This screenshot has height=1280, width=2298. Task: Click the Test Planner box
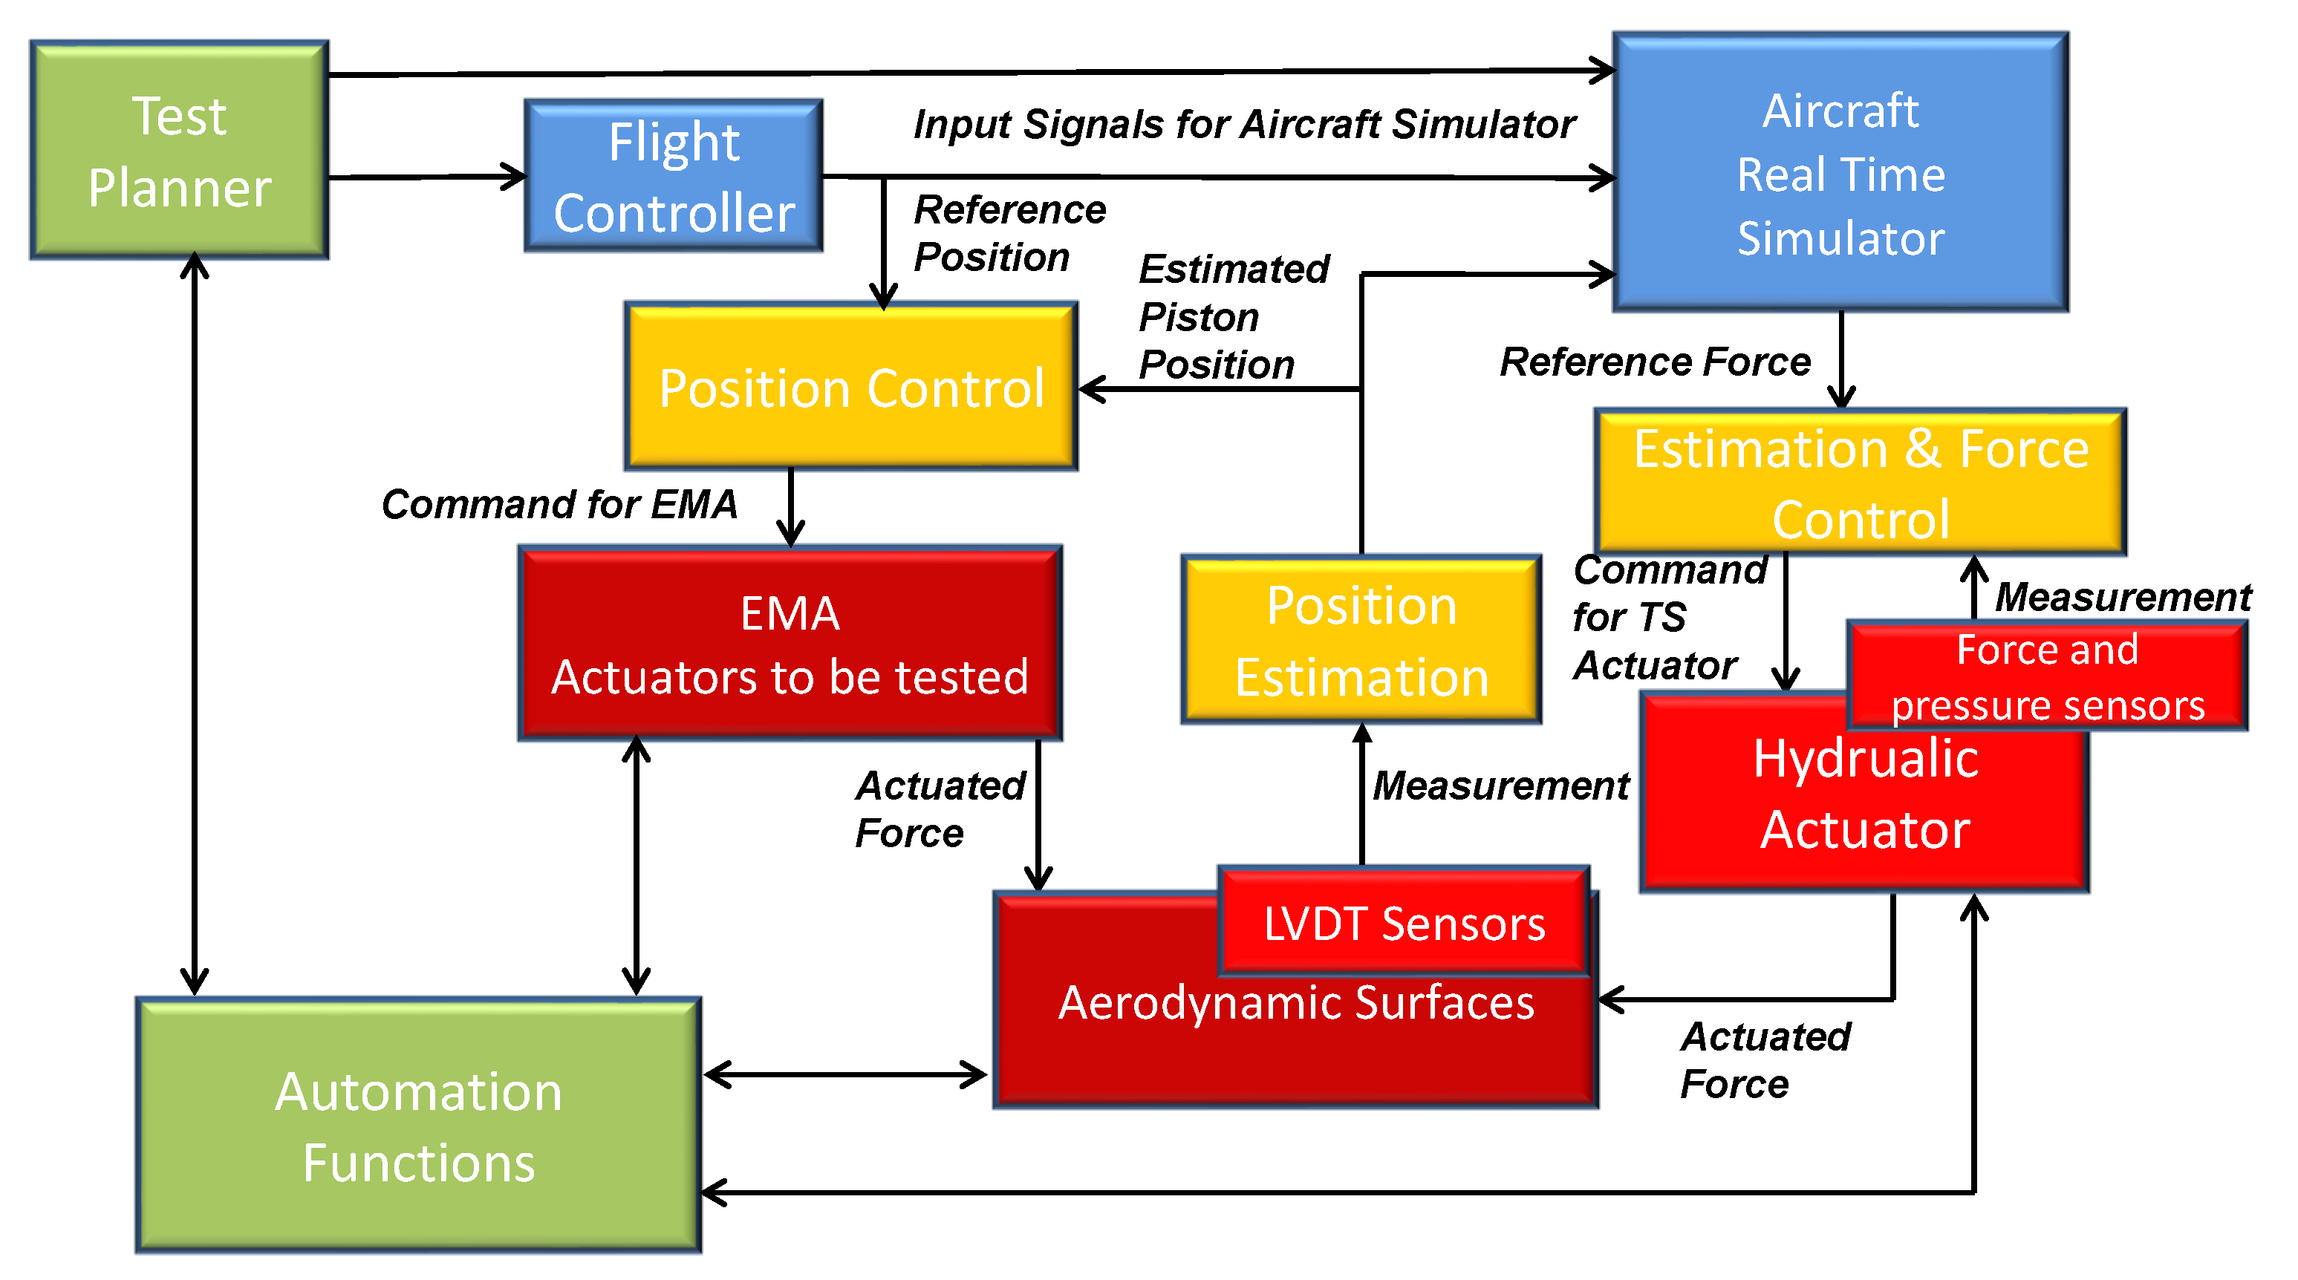click(179, 150)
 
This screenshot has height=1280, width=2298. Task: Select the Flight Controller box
click(674, 176)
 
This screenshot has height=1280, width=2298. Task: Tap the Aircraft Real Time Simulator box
click(1840, 173)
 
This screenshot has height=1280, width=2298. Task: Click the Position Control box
click(851, 387)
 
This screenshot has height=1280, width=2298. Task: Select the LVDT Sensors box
click(1404, 922)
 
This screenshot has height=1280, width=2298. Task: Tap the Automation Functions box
click(418, 1126)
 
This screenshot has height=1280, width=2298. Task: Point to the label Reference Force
click(1655, 362)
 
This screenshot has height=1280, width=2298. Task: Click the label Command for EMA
click(559, 504)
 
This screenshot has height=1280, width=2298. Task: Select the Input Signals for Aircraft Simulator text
click(1245, 124)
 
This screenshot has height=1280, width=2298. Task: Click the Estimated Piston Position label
click(1233, 316)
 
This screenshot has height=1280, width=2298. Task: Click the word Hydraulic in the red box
click(1865, 759)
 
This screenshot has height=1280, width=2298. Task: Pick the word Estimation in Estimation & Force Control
click(1760, 448)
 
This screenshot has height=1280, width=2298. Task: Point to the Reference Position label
click(1008, 233)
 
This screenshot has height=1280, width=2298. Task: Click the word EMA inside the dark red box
click(790, 614)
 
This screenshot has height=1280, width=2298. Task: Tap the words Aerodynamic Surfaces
click(1295, 1002)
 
